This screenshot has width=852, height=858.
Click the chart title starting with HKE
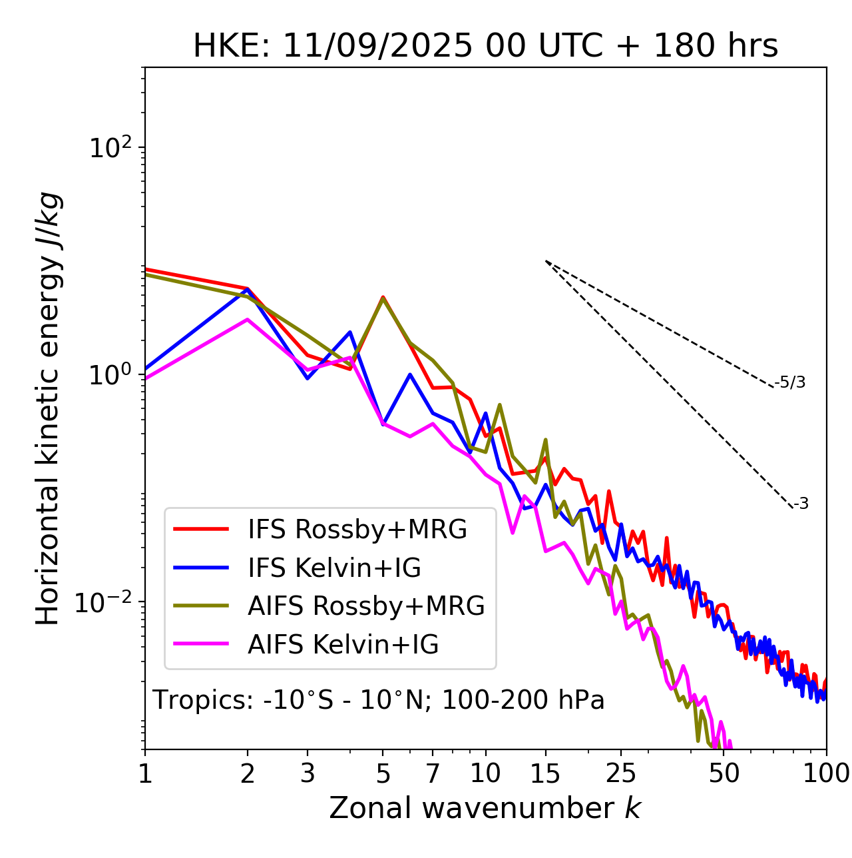click(485, 47)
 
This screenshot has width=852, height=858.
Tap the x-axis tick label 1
click(145, 773)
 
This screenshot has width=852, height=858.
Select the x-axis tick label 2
click(248, 773)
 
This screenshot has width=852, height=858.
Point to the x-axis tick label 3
click(308, 773)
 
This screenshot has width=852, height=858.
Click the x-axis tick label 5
click(383, 773)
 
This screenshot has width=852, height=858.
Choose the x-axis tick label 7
click(433, 773)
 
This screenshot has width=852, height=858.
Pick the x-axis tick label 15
click(545, 773)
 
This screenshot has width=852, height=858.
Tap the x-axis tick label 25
click(620, 773)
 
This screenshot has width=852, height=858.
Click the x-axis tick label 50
click(724, 773)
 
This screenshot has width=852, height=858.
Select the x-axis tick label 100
click(825, 773)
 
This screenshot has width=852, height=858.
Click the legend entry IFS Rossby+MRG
click(357, 530)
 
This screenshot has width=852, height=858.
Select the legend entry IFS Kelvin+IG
click(334, 568)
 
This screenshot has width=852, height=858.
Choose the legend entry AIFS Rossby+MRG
click(366, 606)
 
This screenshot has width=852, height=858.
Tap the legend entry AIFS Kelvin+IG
click(343, 644)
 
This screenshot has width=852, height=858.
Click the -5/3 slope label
click(790, 382)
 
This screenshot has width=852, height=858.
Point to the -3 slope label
click(801, 504)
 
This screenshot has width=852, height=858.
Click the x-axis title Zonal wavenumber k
click(485, 808)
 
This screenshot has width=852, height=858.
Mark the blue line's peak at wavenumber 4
click(349, 332)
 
